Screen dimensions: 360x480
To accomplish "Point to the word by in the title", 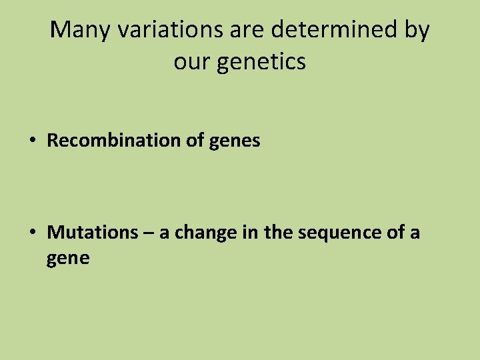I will coord(415,31).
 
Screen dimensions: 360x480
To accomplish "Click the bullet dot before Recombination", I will coord(32,141).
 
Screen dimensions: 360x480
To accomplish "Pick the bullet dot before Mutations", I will coord(32,233).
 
